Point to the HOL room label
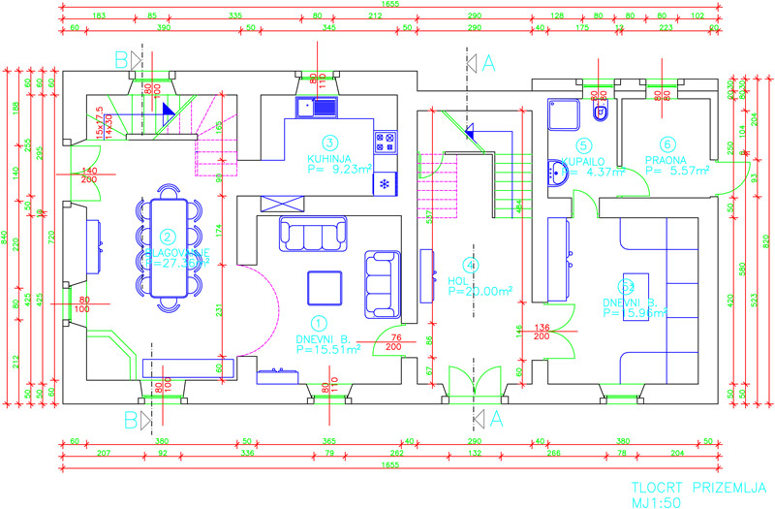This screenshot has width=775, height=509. pos(459,280)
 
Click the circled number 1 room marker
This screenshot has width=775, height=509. pos(319,323)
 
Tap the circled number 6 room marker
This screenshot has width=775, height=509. pos(668,145)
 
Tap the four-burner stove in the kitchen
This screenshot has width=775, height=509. pos(385,142)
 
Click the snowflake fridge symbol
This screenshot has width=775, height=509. pos(385,182)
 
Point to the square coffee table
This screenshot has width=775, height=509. pos(324,288)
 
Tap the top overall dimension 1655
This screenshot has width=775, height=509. pos(390,5)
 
